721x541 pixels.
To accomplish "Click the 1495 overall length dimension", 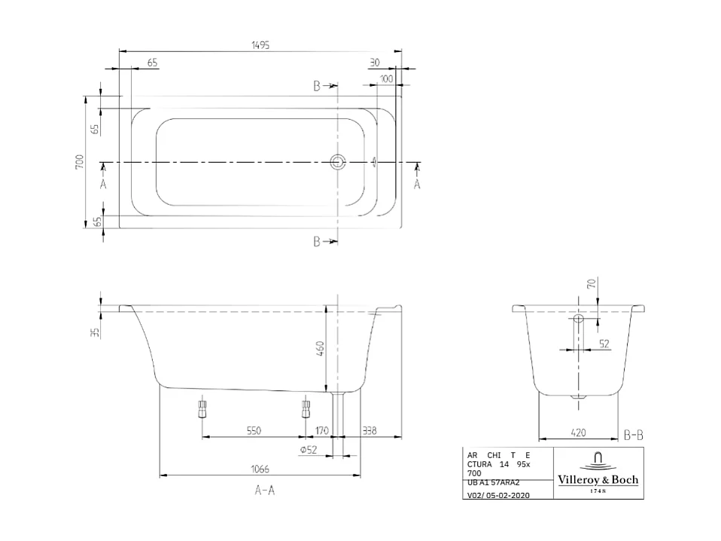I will click(260, 45).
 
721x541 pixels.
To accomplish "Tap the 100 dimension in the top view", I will click(386, 78).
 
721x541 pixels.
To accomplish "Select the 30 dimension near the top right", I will click(375, 63).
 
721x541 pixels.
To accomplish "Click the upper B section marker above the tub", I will click(319, 87).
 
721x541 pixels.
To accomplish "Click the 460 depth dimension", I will click(320, 349).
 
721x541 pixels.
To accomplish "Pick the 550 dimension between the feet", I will click(254, 431).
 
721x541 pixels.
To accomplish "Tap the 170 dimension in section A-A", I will click(322, 431).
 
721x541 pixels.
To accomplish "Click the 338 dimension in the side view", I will click(369, 431).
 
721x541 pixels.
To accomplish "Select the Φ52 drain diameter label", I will click(307, 450).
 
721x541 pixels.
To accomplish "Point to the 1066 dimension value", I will click(260, 469).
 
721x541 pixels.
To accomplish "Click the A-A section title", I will click(264, 491).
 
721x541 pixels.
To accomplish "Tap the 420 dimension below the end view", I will click(578, 433).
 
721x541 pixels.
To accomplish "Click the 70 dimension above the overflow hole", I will click(591, 284).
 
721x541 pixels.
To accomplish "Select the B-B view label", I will click(633, 435).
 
